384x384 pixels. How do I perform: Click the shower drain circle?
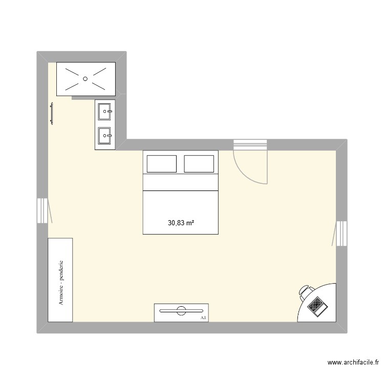coord(86,79)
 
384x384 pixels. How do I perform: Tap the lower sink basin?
coord(104,136)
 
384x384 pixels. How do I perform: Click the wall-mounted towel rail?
coord(52,113)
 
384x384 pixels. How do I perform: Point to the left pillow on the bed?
coord(162,164)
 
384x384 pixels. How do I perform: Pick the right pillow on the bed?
coord(199,164)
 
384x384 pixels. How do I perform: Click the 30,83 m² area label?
coord(181,223)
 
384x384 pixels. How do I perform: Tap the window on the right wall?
coord(342,234)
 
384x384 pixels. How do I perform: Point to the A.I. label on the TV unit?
coord(203,317)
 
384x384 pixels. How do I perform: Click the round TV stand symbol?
coord(181,309)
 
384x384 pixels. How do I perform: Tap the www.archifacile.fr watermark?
coord(353,362)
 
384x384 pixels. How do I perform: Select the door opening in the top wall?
coord(250,145)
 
